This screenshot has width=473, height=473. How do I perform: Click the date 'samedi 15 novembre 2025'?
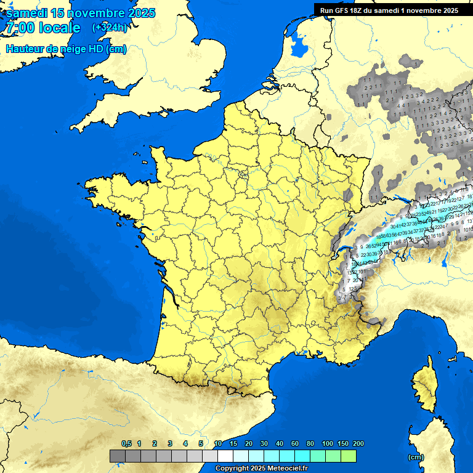[81, 13]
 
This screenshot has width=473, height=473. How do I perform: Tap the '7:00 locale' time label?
[43, 28]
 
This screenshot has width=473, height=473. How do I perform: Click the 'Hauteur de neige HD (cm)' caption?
[66, 49]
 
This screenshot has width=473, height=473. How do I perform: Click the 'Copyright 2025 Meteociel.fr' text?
[262, 468]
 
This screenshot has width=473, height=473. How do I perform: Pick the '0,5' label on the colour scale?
[126, 444]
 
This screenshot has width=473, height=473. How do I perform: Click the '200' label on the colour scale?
[358, 444]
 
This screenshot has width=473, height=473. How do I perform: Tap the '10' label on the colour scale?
[218, 444]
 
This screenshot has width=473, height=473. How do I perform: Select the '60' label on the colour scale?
[295, 444]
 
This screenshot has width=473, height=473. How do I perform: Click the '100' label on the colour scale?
[328, 444]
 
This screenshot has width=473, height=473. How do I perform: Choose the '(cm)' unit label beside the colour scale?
[416, 457]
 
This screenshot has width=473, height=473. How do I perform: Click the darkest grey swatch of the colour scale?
[118, 456]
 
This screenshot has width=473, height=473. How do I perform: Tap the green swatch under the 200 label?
[349, 456]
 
